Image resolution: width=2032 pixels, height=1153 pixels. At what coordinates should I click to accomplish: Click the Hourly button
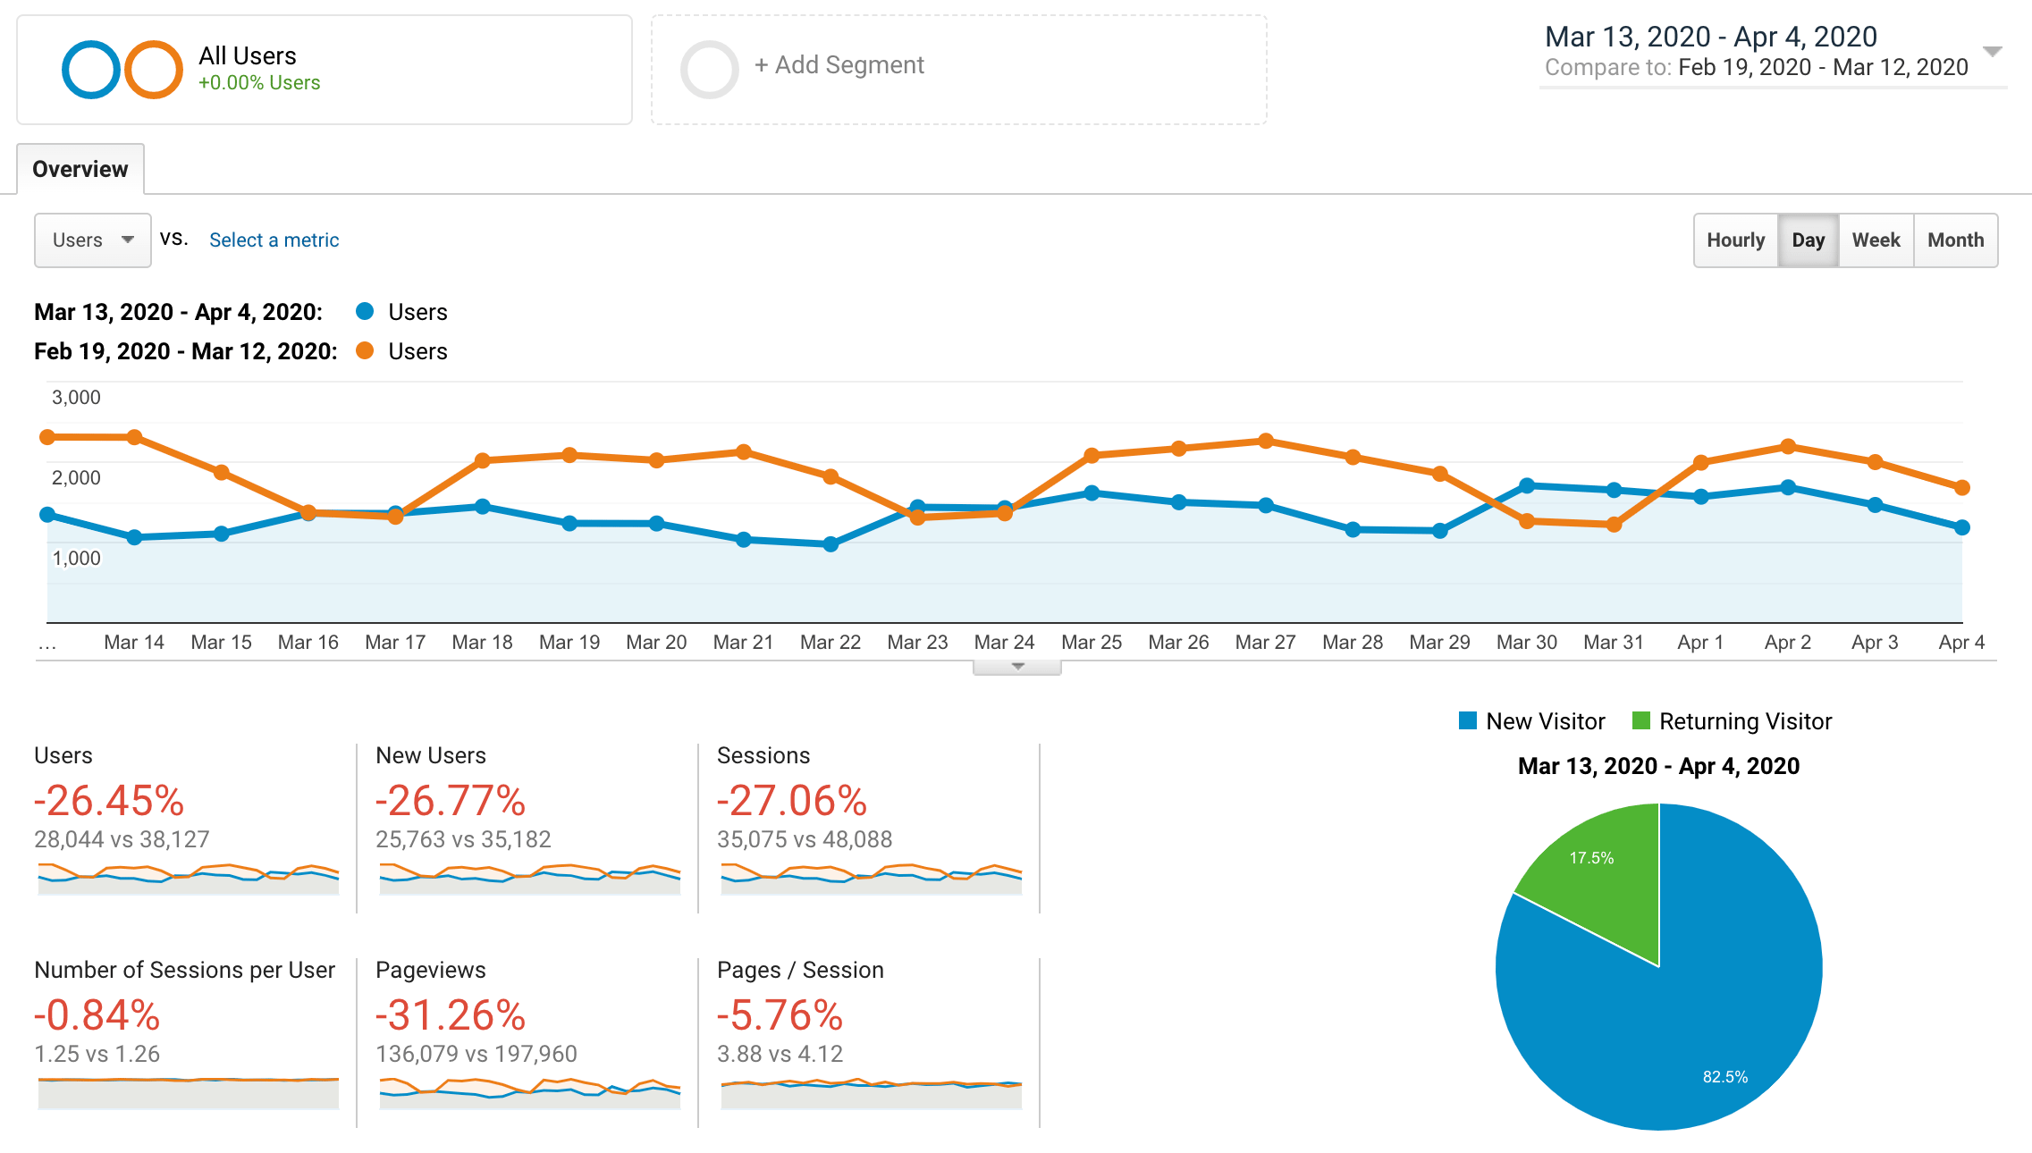(1734, 240)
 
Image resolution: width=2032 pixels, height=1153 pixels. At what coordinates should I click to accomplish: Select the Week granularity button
(1876, 240)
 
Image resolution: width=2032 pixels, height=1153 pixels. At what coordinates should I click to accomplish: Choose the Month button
(1955, 240)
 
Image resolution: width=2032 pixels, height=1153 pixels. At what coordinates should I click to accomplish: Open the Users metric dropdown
(92, 240)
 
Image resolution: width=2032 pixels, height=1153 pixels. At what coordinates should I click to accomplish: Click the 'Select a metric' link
(274, 240)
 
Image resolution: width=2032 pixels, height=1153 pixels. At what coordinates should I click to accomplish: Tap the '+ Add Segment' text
(839, 65)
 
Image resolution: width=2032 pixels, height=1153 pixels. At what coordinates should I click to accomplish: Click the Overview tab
(80, 169)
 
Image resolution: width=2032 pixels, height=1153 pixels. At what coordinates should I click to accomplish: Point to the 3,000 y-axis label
(76, 398)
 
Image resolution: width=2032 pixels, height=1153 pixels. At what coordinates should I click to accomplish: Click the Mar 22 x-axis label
(830, 643)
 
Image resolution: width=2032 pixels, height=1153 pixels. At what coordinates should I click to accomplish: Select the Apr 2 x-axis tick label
(1787, 643)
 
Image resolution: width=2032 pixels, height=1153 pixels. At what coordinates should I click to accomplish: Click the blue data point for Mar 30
(1527, 486)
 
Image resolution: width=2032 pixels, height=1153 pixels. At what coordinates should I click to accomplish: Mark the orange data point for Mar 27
(1266, 441)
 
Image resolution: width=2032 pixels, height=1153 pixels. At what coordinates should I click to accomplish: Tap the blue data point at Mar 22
(831, 543)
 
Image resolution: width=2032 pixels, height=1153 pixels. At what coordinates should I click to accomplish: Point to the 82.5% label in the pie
(1724, 1077)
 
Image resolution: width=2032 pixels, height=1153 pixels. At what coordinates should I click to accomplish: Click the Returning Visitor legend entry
(1743, 721)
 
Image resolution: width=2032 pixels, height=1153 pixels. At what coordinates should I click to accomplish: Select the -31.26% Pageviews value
(451, 1015)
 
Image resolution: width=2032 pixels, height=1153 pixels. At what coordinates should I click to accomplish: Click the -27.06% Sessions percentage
(792, 801)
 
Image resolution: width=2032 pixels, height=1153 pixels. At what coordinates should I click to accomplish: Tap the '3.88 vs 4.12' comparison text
(780, 1055)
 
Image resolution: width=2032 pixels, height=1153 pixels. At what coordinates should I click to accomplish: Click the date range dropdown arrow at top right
(1992, 51)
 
